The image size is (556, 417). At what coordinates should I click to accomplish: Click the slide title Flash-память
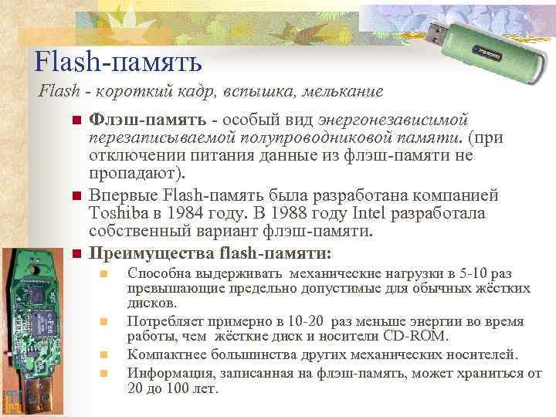click(x=118, y=61)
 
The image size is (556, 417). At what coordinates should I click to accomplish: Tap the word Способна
click(x=158, y=273)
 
